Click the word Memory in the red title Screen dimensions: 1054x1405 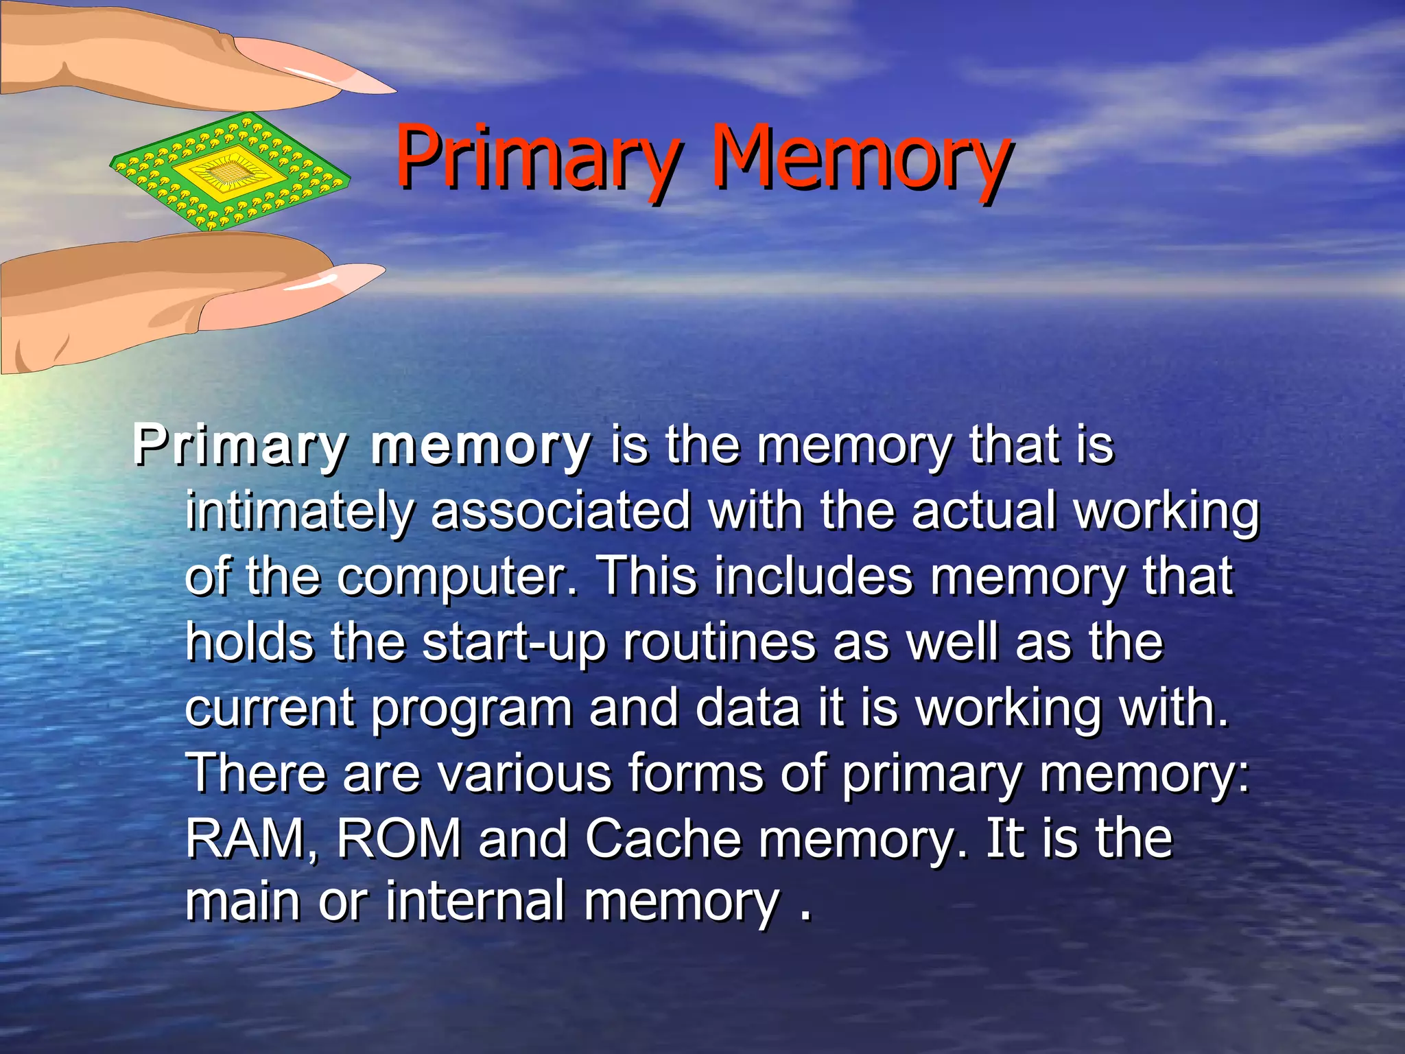860,159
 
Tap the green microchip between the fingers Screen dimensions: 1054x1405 230,172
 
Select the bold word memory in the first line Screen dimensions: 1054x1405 480,446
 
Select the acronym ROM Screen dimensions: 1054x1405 399,839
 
